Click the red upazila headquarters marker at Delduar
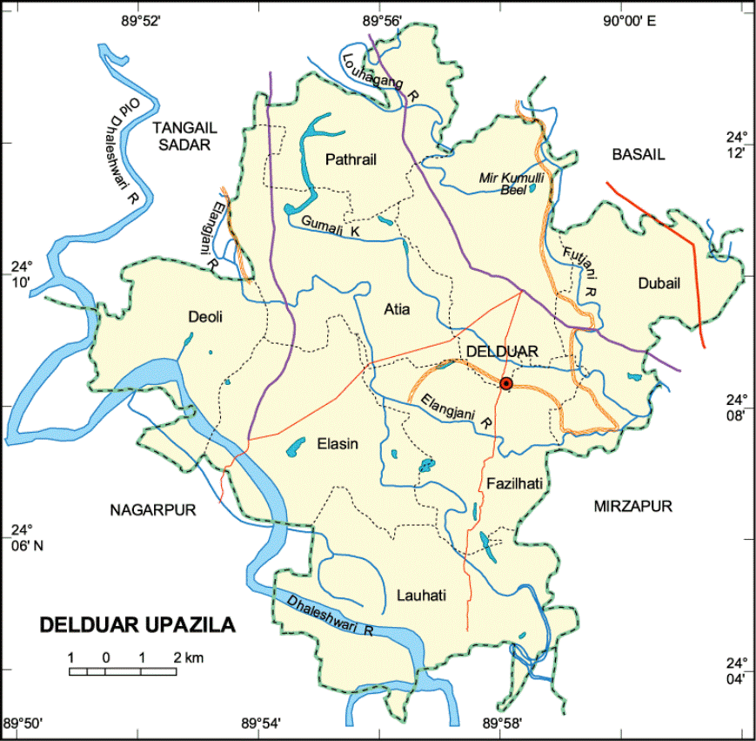coord(506,384)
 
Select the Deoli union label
coord(205,317)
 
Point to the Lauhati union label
coord(421,596)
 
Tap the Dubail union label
coord(659,282)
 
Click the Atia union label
coord(396,308)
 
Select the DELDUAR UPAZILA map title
coord(137,624)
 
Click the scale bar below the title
coord(123,670)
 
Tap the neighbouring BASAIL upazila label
coord(638,155)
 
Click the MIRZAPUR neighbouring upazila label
coord(633,506)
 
